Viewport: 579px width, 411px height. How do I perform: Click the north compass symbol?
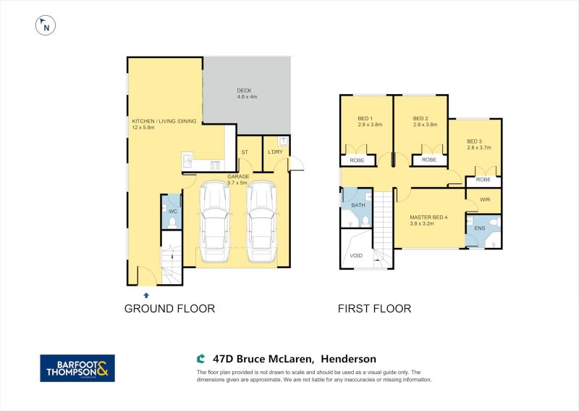tap(46, 25)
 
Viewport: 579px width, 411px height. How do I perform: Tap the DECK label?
tap(244, 91)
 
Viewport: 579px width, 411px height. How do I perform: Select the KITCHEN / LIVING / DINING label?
tap(164, 121)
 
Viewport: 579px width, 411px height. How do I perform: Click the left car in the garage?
tap(214, 222)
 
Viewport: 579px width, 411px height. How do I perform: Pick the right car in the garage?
tap(261, 222)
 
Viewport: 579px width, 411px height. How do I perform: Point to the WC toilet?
tap(172, 223)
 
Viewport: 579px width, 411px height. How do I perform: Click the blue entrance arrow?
tap(146, 295)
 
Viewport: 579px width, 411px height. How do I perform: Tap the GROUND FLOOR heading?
tap(169, 309)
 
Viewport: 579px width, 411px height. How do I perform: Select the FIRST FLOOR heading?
tap(374, 309)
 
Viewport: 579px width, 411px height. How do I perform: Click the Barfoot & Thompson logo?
tap(77, 368)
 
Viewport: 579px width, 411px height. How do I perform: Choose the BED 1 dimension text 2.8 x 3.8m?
tap(370, 125)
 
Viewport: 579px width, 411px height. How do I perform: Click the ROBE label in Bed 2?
tap(429, 159)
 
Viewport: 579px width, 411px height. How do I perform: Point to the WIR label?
tap(485, 200)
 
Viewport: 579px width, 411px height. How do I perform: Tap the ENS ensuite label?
tap(480, 228)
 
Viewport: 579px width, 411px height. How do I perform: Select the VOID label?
tap(356, 256)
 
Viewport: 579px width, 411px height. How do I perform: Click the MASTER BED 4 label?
tap(428, 217)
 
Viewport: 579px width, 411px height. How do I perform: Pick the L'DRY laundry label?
tap(275, 152)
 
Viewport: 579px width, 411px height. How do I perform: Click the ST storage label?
tap(245, 152)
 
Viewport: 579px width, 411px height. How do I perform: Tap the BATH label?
tap(358, 205)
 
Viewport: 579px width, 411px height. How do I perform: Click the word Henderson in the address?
tap(349, 359)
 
